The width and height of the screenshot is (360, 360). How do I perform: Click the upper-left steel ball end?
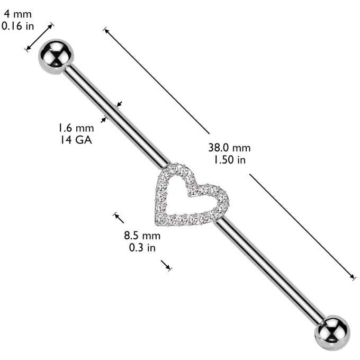tap(56, 57)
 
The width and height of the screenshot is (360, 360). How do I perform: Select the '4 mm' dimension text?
tap(17, 14)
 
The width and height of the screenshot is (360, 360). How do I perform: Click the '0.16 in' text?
tap(17, 26)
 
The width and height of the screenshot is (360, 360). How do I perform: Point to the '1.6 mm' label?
tap(76, 128)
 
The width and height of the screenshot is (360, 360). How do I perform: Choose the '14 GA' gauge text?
tap(76, 140)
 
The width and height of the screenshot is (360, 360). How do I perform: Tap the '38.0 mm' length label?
tap(229, 148)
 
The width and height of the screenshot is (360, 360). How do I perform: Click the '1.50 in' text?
tap(230, 159)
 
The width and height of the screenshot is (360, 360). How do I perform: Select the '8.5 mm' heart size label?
tap(142, 236)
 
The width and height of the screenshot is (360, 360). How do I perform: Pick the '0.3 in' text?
tap(142, 248)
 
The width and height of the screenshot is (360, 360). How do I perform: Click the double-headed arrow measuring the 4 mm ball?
tap(39, 37)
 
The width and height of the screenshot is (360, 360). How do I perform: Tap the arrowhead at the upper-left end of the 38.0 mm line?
tap(107, 31)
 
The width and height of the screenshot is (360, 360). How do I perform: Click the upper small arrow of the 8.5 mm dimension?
tap(119, 218)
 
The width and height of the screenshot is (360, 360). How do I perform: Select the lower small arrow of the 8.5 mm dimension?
tap(166, 266)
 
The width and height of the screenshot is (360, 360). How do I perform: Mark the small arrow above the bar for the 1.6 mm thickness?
tap(119, 104)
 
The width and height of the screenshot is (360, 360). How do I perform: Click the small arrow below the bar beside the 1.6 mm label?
tap(104, 120)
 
